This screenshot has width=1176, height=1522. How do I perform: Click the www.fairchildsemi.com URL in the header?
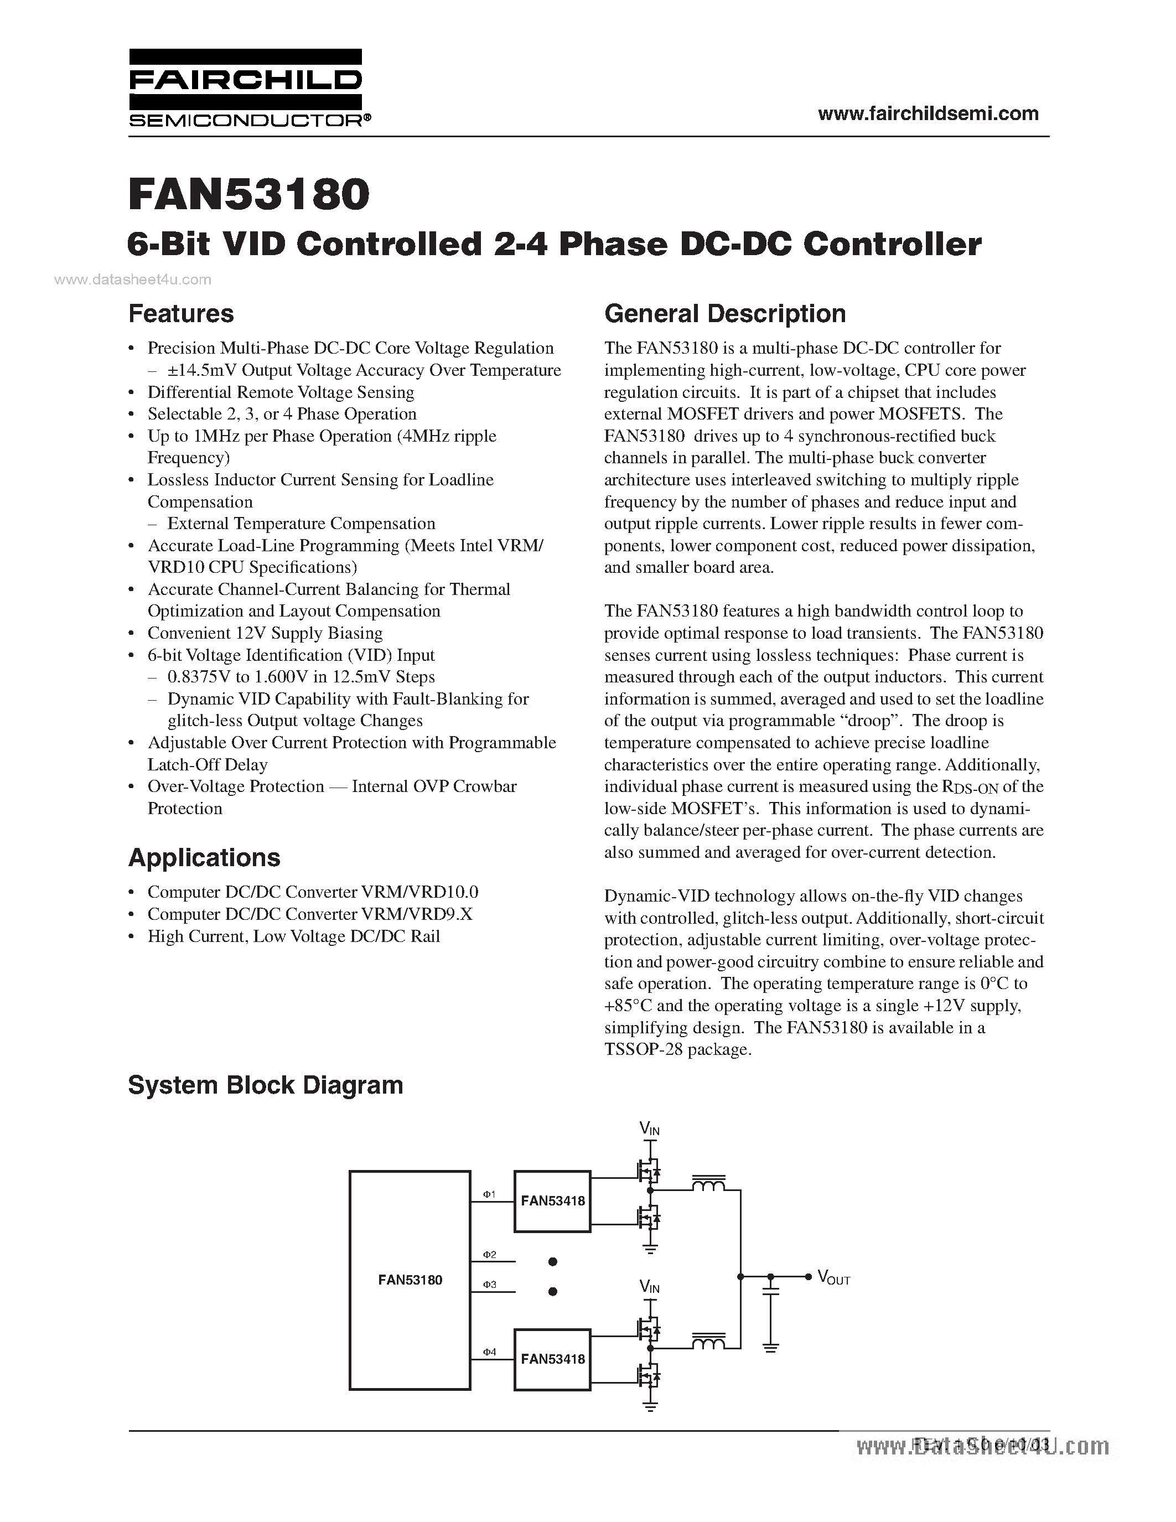[x=928, y=113]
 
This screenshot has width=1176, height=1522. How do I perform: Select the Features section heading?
[x=181, y=314]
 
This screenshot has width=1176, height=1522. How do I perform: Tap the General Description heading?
[x=724, y=314]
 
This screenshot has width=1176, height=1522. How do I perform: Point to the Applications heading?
[x=204, y=857]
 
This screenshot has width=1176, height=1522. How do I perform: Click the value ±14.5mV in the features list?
[x=201, y=370]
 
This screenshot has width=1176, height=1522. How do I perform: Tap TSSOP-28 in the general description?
[x=643, y=1049]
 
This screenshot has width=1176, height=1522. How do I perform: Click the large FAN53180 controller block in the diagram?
[x=410, y=1280]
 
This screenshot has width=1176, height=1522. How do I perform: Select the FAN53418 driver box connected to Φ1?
[x=552, y=1201]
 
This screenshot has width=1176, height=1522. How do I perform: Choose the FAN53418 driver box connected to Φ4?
[x=552, y=1359]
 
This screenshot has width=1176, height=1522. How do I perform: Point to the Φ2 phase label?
[x=489, y=1254]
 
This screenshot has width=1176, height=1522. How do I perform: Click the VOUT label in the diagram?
[x=833, y=1277]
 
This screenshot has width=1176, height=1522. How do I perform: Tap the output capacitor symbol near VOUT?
[x=770, y=1292]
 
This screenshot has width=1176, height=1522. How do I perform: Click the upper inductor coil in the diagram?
[x=708, y=1183]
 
